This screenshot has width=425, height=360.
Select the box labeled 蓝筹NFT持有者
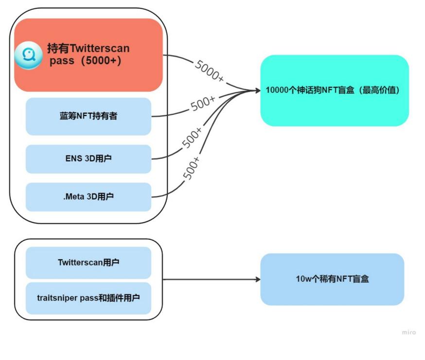88,116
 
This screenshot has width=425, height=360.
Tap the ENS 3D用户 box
88,159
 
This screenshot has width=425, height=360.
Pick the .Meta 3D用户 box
88,197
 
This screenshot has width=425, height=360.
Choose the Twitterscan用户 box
88,263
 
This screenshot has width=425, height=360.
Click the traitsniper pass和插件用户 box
88,297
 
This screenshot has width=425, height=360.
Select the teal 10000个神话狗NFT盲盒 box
334,90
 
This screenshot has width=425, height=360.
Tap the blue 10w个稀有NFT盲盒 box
332,279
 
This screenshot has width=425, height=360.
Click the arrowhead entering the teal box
258,90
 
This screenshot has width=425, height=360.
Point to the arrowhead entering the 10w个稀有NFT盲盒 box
257,279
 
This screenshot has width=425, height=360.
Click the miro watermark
408,332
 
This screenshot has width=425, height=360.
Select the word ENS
73,159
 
